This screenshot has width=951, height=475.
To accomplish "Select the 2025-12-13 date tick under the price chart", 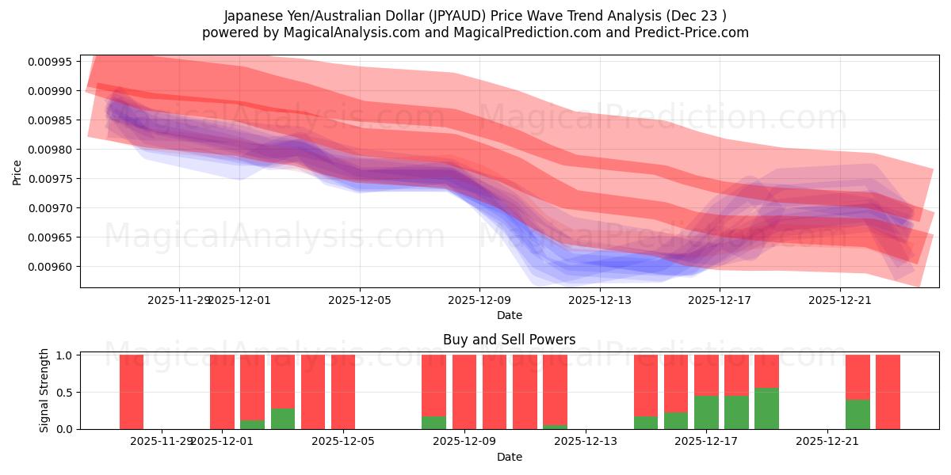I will click(x=600, y=301).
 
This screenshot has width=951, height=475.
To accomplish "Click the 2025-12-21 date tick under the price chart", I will click(x=840, y=301).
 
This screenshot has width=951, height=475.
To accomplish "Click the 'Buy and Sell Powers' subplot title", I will click(x=509, y=340).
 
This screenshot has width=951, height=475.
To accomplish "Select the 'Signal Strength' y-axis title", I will click(x=44, y=390).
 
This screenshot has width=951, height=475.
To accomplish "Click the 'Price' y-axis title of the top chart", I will click(x=17, y=172).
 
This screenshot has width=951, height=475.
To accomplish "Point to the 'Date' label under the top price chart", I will click(x=509, y=315).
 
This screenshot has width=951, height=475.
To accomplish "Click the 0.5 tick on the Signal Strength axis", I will click(x=65, y=392).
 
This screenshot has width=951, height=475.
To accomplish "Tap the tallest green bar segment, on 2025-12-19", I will click(x=766, y=408).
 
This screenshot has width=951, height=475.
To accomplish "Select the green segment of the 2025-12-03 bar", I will click(x=283, y=419).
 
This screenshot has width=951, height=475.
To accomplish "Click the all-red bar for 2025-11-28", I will click(x=132, y=392).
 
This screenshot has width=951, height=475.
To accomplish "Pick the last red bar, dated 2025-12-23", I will click(x=888, y=392).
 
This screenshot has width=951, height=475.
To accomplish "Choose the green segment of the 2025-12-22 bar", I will click(x=857, y=414).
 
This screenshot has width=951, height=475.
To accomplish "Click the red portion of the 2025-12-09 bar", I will click(x=464, y=392).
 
